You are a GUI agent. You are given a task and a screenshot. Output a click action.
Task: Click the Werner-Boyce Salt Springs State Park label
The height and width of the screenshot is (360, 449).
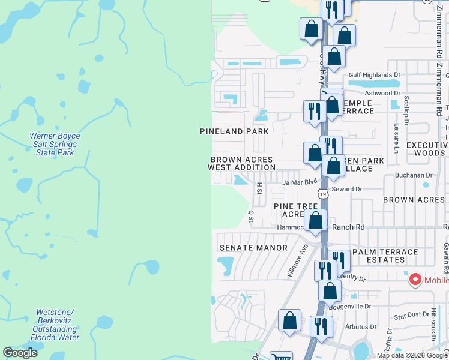54,145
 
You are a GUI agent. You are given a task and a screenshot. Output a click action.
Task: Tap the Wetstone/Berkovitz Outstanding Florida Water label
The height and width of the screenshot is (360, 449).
54,325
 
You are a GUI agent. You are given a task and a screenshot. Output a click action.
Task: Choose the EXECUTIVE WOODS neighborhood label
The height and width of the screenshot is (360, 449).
427,149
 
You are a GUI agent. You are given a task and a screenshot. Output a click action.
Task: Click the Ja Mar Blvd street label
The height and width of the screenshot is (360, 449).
299,182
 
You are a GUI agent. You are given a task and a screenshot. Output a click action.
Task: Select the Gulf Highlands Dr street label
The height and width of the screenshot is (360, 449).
374,75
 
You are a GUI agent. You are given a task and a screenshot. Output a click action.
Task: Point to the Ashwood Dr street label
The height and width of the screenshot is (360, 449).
382,93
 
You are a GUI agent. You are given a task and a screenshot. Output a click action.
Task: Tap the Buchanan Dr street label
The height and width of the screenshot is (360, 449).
414,175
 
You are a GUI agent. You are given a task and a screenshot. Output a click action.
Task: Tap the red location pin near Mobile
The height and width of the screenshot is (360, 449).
414,280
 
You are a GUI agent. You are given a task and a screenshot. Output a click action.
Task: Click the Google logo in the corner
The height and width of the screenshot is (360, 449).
20,353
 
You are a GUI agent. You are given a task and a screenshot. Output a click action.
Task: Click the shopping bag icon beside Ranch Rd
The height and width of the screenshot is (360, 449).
315,220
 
